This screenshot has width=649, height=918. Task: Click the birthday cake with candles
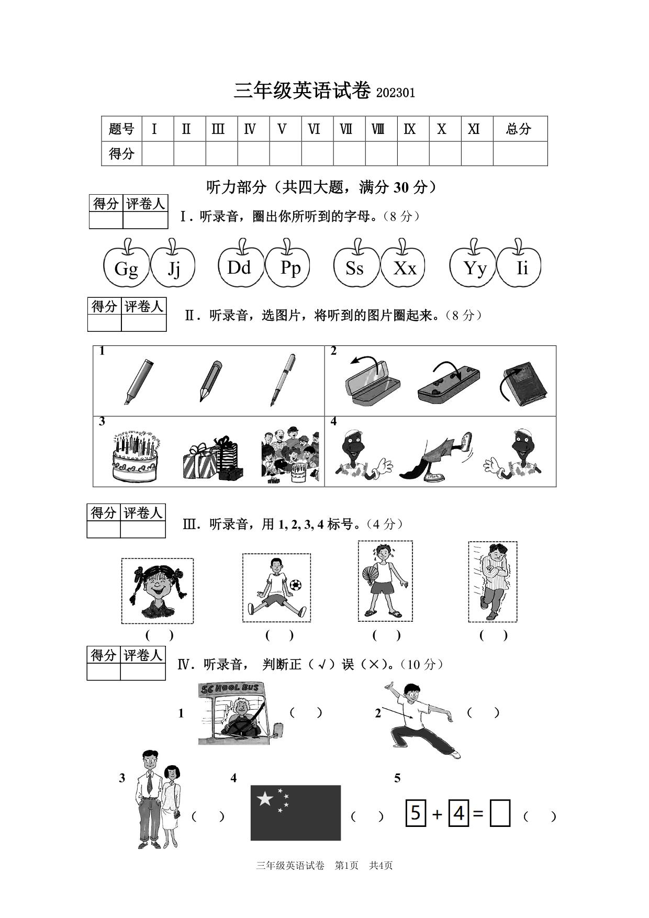tap(136, 456)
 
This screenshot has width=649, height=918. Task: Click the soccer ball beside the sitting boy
tap(296, 585)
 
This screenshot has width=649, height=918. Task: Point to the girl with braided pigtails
tap(157, 590)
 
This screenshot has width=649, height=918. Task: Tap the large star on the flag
tap(265, 799)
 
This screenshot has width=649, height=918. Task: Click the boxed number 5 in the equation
tap(416, 813)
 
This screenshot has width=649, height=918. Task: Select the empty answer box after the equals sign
tap(500, 814)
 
